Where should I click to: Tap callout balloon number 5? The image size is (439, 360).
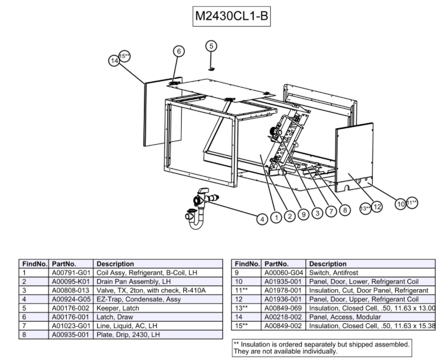[x=211, y=46]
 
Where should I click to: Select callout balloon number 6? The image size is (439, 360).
[x=178, y=51]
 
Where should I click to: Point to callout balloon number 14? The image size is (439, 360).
[x=114, y=60]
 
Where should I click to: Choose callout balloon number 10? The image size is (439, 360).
[x=400, y=204]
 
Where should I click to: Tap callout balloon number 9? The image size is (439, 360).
[x=303, y=214]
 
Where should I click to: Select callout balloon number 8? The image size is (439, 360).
[x=344, y=210]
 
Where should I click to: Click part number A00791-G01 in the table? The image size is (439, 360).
[x=71, y=273]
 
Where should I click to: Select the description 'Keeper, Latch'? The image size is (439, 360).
[x=116, y=308]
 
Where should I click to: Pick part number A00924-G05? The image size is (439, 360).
[x=71, y=299]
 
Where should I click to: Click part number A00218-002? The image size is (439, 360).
[x=284, y=317]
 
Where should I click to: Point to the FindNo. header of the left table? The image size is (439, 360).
[x=35, y=264]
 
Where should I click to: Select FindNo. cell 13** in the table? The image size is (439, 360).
[x=244, y=308]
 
